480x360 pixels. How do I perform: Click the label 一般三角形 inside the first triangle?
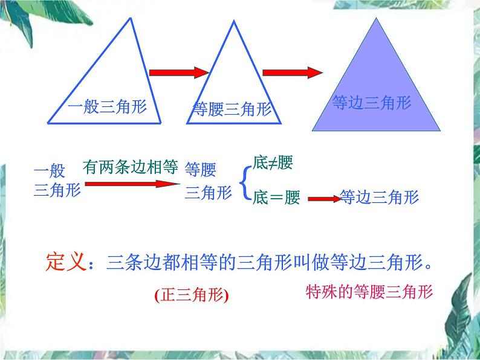[x=108, y=107]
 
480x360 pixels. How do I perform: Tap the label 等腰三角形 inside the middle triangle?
[x=232, y=109]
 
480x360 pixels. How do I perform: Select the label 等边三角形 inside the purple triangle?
[x=372, y=103]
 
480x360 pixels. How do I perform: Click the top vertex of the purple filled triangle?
[x=376, y=18]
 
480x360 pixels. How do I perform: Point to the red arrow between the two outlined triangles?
[x=179, y=72]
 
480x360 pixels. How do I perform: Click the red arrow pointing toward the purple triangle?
[x=293, y=72]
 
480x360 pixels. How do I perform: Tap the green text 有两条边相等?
[x=131, y=167]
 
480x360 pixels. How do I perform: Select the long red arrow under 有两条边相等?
[x=132, y=184]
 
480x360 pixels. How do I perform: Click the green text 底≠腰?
[x=273, y=162]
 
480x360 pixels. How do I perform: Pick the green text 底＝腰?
[x=276, y=198]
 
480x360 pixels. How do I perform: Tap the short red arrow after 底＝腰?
[x=325, y=199]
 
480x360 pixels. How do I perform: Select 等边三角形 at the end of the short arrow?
[x=379, y=197]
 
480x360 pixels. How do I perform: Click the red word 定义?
[x=66, y=262]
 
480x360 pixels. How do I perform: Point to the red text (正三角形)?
[x=192, y=295]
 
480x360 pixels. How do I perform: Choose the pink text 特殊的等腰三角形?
[x=369, y=292]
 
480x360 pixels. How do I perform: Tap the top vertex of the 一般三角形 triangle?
[x=131, y=18]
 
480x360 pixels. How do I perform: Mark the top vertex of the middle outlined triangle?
[x=234, y=21]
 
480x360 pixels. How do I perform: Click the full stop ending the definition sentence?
[x=428, y=266]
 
